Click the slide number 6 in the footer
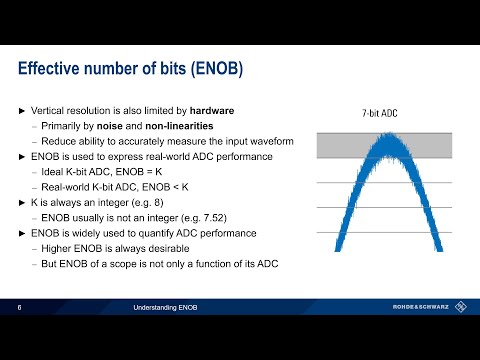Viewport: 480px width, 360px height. (20, 307)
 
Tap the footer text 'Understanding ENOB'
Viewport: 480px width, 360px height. (166, 307)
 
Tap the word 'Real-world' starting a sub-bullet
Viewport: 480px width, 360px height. (67, 186)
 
